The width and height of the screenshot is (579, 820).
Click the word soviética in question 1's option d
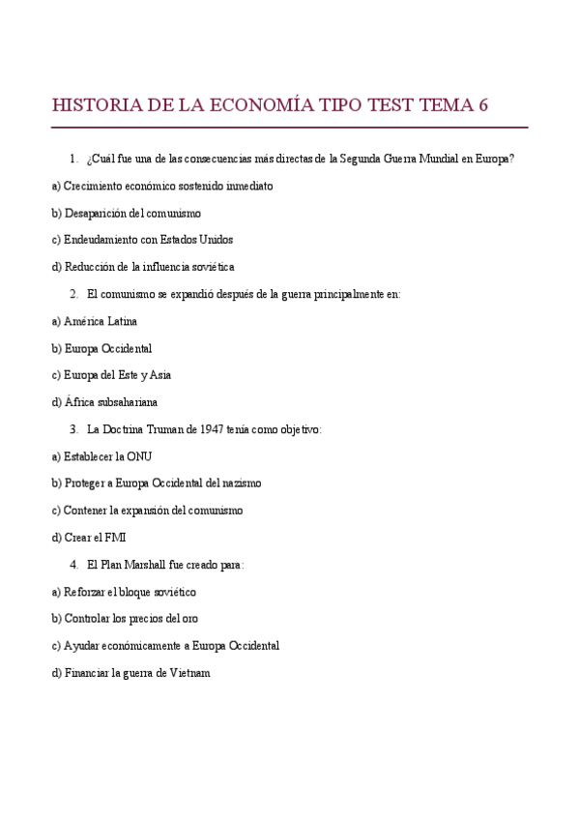point(211,266)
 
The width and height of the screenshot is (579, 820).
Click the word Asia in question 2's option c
point(159,374)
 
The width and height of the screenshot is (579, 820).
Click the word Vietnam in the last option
point(188,672)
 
